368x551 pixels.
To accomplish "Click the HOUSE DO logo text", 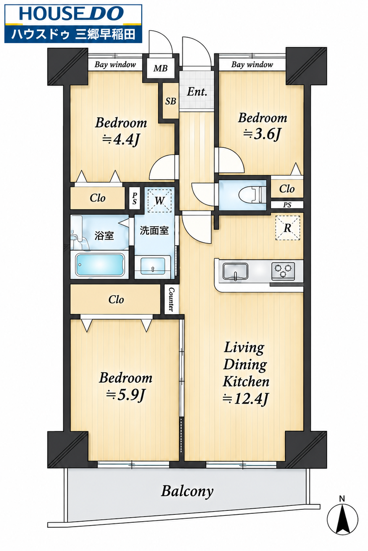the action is (x=71, y=14).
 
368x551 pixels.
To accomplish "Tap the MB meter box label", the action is (x=160, y=68).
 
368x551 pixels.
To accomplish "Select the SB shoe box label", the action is (x=171, y=101).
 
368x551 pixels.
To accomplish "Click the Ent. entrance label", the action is (x=197, y=92).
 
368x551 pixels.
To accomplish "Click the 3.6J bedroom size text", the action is (x=263, y=134).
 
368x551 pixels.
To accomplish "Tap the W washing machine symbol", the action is (x=160, y=201).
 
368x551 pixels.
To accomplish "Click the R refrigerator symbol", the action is (x=288, y=228).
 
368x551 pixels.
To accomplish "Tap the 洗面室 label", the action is (x=154, y=230).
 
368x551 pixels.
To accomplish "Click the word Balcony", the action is (x=187, y=491).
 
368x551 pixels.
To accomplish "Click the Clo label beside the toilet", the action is (x=286, y=189).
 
